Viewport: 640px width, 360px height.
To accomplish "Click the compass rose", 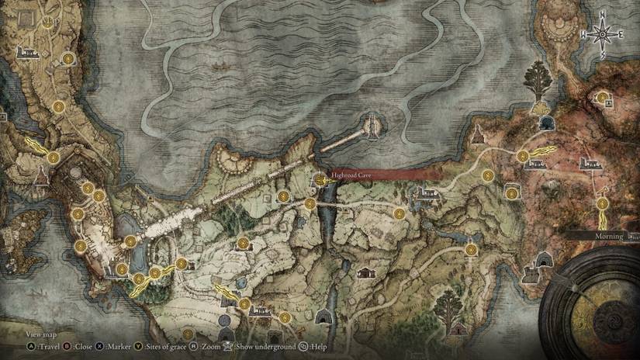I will coord(600,35).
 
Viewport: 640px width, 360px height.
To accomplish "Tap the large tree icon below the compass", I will coord(535,78).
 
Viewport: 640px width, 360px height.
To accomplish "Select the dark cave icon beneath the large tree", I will coord(548,123).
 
